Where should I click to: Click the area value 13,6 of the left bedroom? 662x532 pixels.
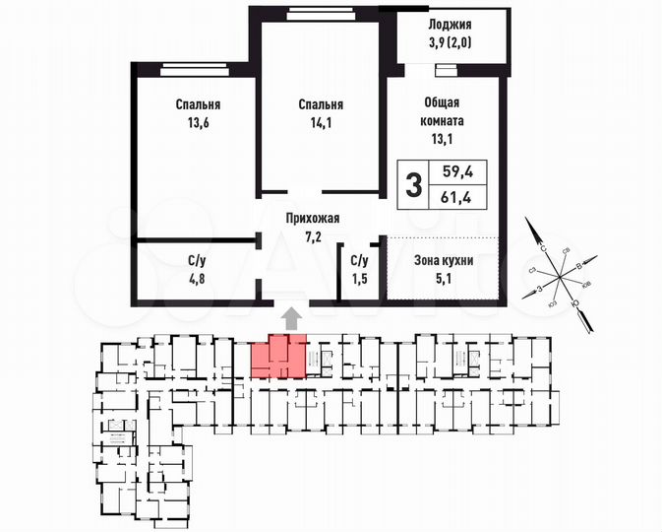198,123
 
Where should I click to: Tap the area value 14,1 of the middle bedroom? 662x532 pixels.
322,123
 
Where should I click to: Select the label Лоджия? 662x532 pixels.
451,26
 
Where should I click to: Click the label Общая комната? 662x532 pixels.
443,111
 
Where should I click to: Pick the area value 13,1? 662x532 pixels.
443,140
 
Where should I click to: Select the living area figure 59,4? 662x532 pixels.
458,171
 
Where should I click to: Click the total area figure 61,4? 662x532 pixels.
458,199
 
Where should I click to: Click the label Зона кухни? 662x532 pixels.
444,261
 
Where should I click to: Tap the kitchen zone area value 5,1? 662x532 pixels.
444,279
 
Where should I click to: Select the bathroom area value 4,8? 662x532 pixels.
197,279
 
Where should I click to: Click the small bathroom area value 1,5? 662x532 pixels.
359,279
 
